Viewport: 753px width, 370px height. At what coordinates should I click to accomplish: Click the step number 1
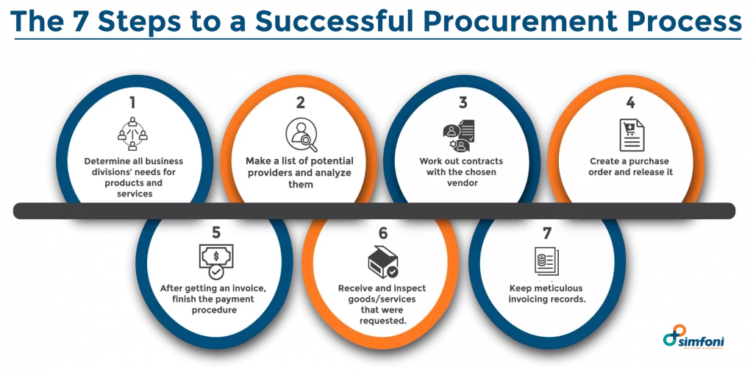click(132, 102)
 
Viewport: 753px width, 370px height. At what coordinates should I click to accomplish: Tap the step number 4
click(630, 103)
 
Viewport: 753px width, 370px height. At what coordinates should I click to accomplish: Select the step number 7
click(547, 232)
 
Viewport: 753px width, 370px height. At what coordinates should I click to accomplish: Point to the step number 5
click(216, 232)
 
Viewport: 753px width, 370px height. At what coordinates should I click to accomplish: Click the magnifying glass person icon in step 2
click(301, 135)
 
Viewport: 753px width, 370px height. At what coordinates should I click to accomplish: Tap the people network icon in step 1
click(132, 134)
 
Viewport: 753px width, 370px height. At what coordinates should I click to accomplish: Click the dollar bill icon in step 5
click(215, 261)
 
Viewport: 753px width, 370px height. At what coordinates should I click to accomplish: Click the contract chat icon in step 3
click(458, 135)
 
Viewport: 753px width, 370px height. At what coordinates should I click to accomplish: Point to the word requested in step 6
click(382, 321)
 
